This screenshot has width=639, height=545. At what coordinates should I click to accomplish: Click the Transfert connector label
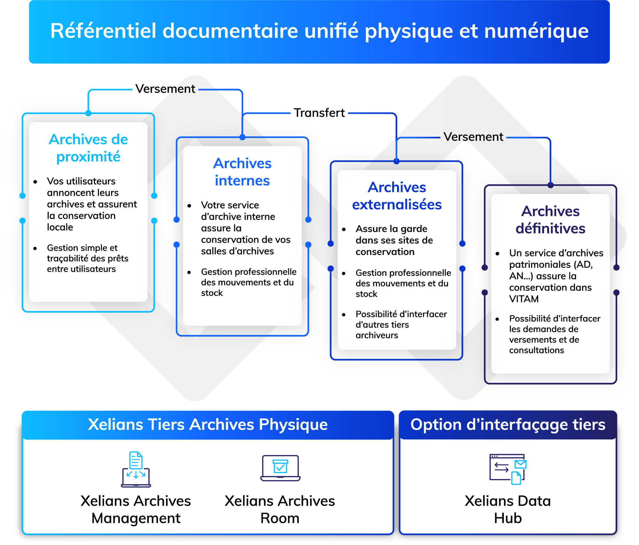[319, 113]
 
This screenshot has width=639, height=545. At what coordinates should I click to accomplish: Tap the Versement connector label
[473, 137]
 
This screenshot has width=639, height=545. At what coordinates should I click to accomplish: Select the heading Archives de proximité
[88, 148]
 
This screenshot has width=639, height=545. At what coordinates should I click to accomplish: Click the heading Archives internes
[242, 172]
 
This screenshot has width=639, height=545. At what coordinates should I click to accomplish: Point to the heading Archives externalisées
[397, 196]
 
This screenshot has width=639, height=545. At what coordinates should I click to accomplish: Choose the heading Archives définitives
[550, 220]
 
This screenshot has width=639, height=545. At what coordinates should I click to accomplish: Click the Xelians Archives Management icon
[136, 469]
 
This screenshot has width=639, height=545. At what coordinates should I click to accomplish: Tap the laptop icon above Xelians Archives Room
[280, 468]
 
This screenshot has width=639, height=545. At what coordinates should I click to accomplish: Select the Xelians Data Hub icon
[508, 469]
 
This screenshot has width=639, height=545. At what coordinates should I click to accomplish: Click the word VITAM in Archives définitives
[524, 299]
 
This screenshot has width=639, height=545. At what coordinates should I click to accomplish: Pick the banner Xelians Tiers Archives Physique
[208, 425]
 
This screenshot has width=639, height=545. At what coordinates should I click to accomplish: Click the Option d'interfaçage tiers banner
[508, 425]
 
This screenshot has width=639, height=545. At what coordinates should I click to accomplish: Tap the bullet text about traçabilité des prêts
[87, 258]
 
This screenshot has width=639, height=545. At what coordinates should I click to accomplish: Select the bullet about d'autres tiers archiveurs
[401, 325]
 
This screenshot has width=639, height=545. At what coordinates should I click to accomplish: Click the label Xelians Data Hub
[508, 509]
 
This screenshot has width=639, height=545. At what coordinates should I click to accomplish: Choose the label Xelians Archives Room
[280, 509]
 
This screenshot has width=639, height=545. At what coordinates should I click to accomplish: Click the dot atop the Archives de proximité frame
[89, 113]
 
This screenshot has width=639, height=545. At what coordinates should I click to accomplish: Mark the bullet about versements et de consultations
[554, 334]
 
